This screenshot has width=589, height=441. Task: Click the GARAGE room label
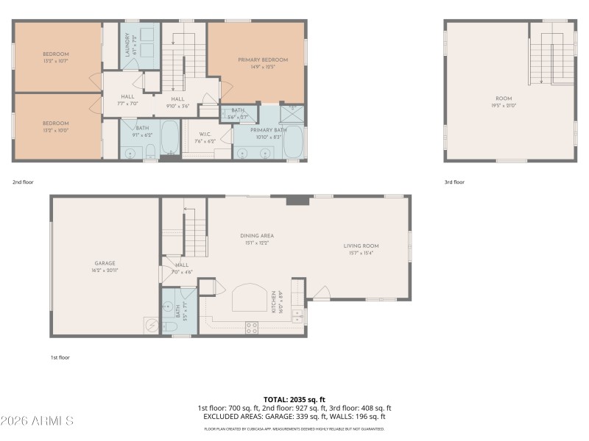[105, 263]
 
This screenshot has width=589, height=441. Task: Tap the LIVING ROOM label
[361, 246]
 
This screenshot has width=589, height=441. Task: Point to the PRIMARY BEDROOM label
[262, 60]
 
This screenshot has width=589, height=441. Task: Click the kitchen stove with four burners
[251, 326]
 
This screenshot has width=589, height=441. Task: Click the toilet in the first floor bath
[168, 327]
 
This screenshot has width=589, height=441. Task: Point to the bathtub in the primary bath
[293, 141]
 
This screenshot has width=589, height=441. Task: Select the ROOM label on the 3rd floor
[504, 98]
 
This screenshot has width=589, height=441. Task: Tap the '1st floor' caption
[60, 357]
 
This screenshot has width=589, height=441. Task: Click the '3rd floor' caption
[454, 182]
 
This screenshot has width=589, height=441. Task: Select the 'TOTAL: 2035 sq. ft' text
[294, 400]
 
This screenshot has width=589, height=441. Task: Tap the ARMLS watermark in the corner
[37, 421]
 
